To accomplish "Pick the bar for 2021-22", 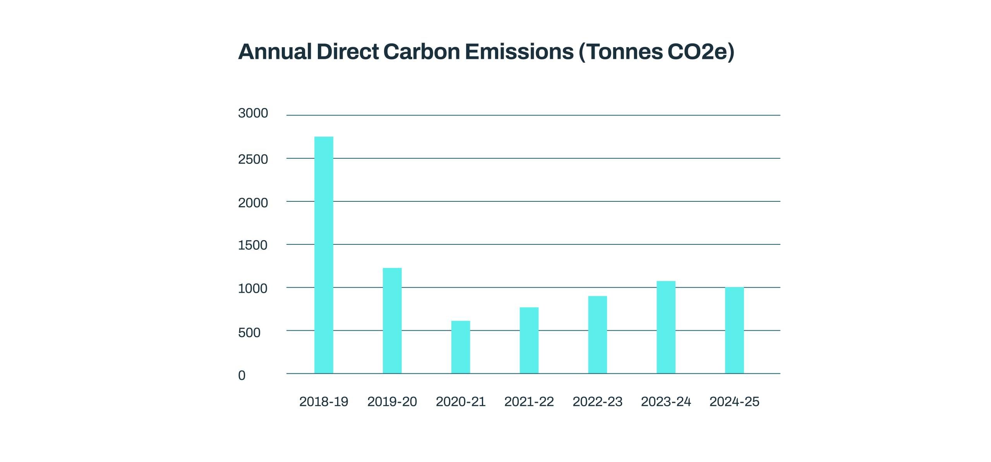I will [529, 340].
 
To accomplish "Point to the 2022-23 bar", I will [597, 335].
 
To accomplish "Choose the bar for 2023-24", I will [666, 327].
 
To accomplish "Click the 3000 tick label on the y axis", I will [253, 113].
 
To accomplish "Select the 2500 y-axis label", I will [253, 159].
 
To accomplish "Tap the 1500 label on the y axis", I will [252, 245].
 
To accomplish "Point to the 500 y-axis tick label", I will [249, 332].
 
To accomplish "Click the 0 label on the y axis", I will [242, 375].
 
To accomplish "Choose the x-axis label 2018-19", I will [324, 402].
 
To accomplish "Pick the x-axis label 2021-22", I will [529, 402].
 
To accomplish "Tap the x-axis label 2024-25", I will [734, 402].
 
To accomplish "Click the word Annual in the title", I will [275, 52].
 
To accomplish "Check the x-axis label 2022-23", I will [597, 402].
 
